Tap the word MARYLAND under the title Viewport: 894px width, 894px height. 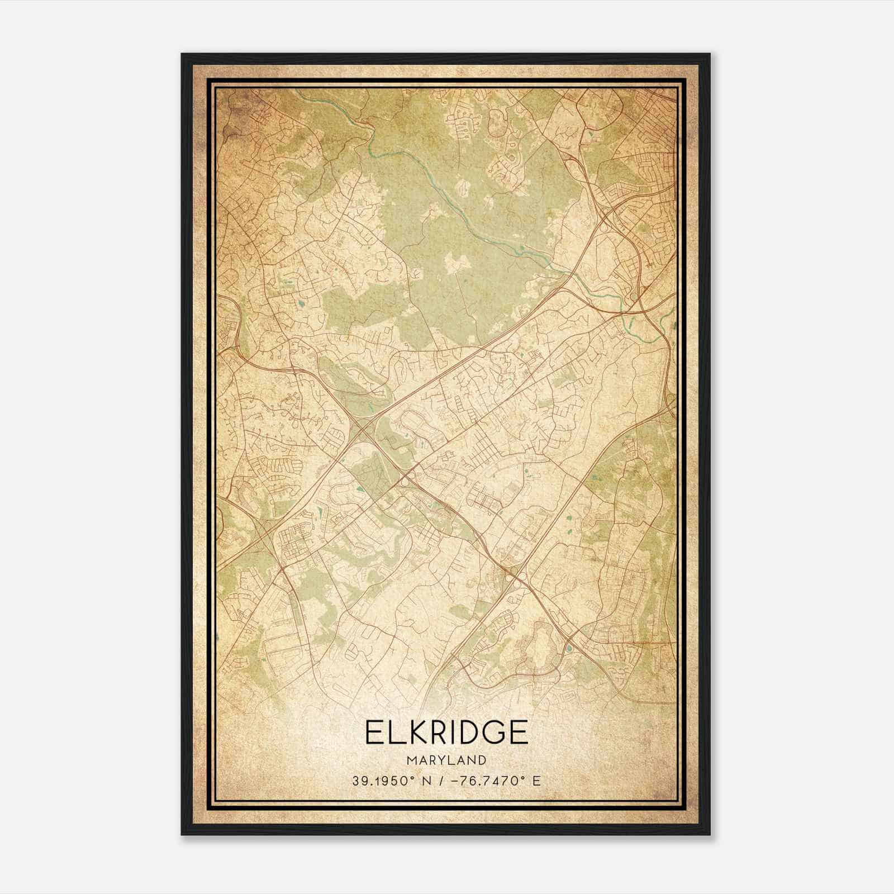[x=446, y=760]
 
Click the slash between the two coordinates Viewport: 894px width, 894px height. [x=445, y=781]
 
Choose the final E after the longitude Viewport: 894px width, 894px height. [x=537, y=781]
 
